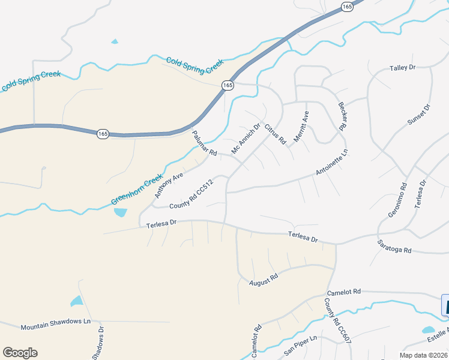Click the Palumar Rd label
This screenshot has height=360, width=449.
(x=204, y=144)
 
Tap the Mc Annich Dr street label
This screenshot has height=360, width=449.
(x=246, y=138)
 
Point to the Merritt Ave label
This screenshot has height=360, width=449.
(x=301, y=127)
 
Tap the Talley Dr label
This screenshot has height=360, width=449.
(x=402, y=68)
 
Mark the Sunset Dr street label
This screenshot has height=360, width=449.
(x=420, y=115)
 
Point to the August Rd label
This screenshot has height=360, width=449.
(x=264, y=278)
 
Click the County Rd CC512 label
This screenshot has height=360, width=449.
(x=191, y=195)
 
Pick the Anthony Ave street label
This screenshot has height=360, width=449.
(x=169, y=186)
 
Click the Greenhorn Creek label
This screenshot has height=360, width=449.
(x=137, y=190)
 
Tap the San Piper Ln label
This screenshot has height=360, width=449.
(x=300, y=348)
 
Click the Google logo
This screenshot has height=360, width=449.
(x=20, y=353)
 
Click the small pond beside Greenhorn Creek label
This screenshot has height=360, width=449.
(x=120, y=212)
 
